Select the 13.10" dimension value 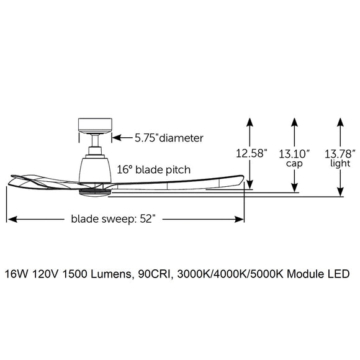click(x=294, y=152)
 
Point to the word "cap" click(x=294, y=164)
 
